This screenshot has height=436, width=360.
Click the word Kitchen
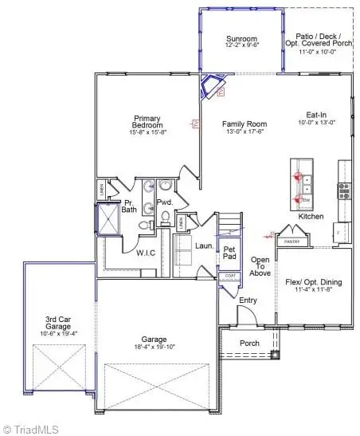tap(310, 217)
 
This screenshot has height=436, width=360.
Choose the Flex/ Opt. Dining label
tap(315, 283)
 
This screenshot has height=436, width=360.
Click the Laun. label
tap(203, 246)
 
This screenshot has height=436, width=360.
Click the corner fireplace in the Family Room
tap(215, 84)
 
